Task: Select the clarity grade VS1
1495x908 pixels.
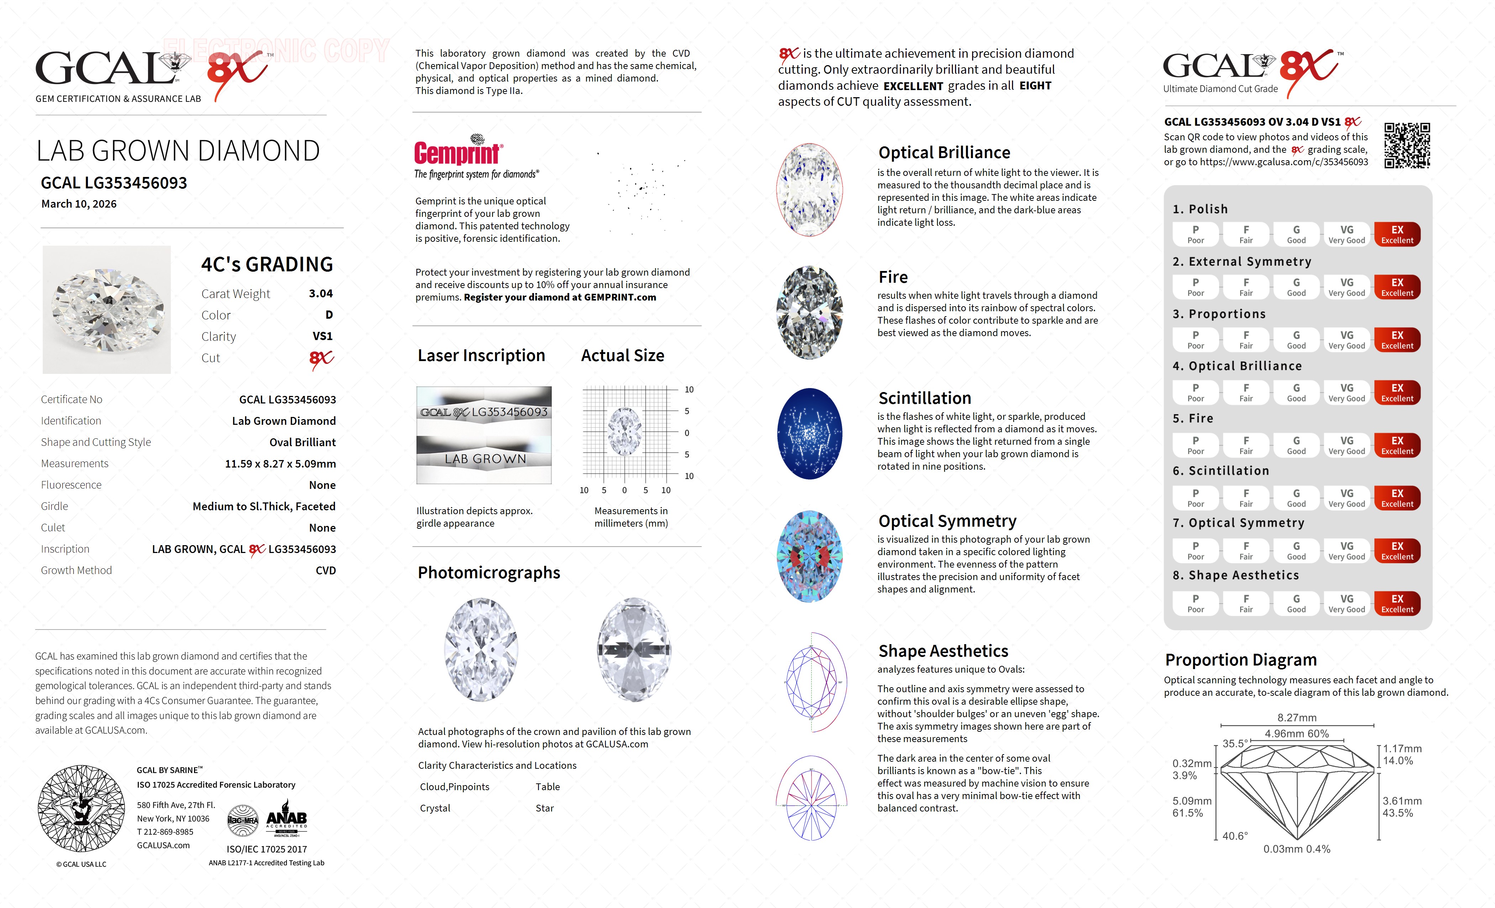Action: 322,336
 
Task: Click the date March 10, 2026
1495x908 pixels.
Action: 79,204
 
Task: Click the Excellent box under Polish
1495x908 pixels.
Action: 1397,234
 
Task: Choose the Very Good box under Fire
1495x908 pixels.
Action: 1346,445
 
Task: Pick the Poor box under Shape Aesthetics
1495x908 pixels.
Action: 1195,603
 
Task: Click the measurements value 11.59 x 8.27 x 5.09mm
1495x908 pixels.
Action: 280,464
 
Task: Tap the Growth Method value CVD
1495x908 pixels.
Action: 325,570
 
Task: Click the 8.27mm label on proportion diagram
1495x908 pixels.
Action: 1297,717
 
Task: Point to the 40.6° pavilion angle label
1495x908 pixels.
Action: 1235,836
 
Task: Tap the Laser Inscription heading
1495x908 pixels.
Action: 481,356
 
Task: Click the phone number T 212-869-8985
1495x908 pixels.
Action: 165,832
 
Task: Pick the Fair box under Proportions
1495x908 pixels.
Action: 1245,340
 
